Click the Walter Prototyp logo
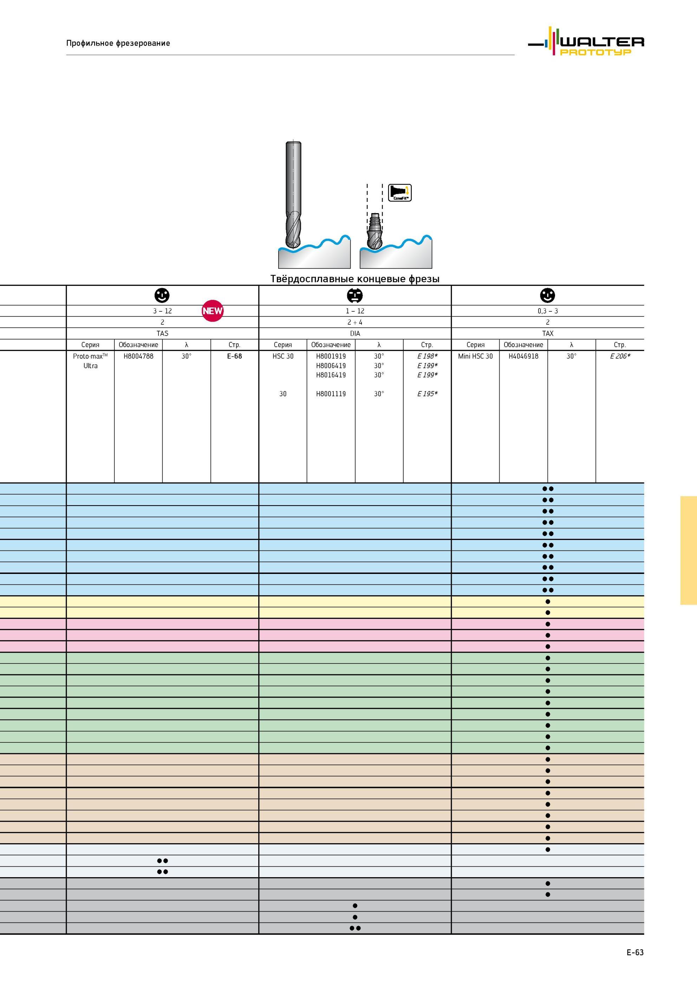pyautogui.click(x=586, y=41)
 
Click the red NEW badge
pyautogui.click(x=213, y=311)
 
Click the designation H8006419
pyautogui.click(x=331, y=366)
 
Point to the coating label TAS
pyautogui.click(x=162, y=334)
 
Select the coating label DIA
pyautogui.click(x=355, y=334)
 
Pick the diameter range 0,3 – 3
pyautogui.click(x=548, y=311)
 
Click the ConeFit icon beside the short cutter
pyautogui.click(x=400, y=193)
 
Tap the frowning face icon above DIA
pyautogui.click(x=355, y=296)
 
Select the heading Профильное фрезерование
pyautogui.click(x=118, y=43)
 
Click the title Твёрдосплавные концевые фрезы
pyautogui.click(x=355, y=279)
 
